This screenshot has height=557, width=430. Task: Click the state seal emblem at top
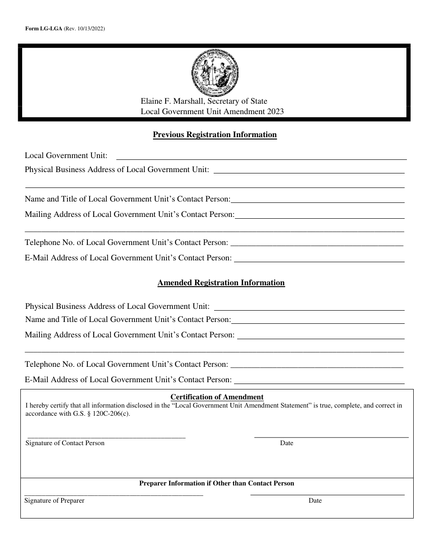215,72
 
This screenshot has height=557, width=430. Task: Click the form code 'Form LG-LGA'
43,29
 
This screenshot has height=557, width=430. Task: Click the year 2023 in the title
275,111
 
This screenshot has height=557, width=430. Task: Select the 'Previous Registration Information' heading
215,134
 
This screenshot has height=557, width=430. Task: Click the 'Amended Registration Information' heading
221,283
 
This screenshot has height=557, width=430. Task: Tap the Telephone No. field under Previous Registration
317,244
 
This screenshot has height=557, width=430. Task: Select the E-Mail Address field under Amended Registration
319,381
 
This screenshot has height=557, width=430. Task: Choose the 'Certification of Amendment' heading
217,397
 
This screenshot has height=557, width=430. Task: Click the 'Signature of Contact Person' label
65,443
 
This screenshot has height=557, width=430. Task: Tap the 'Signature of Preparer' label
54,500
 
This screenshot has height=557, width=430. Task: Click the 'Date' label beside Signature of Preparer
315,500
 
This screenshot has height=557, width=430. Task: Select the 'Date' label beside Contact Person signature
287,443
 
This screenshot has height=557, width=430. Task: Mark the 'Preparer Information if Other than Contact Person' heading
216,483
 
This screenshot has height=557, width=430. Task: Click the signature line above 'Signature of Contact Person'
105,437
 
